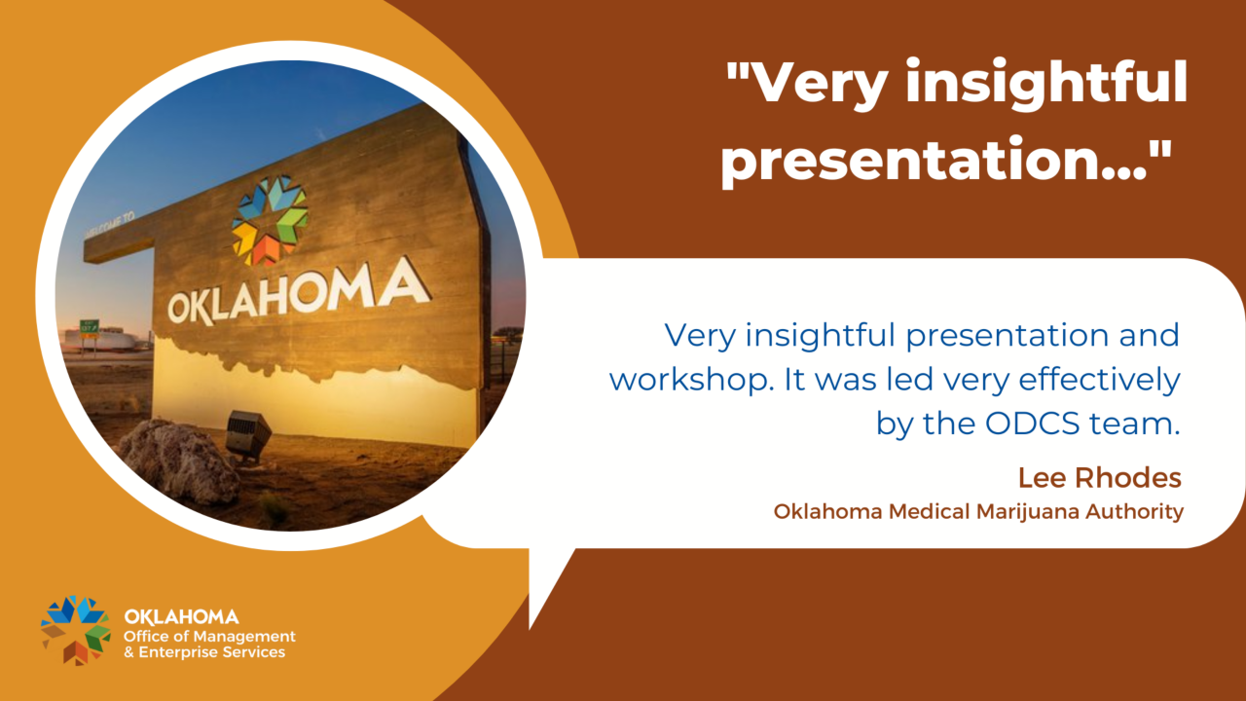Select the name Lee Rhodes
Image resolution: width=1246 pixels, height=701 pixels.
(x=1100, y=478)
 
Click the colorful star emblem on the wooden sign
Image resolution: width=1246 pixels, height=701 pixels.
(x=269, y=220)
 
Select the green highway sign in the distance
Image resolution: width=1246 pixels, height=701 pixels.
(x=89, y=326)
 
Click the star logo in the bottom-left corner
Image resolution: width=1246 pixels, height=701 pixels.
(x=76, y=629)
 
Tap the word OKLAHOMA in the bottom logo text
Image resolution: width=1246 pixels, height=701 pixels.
(x=181, y=616)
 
